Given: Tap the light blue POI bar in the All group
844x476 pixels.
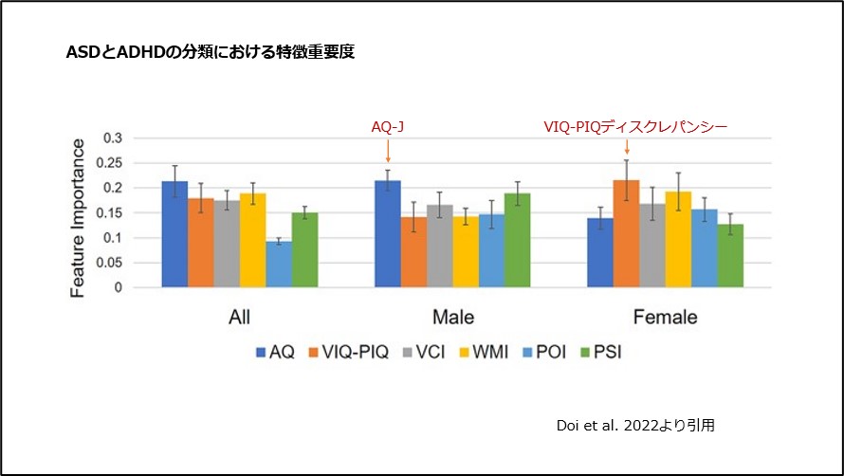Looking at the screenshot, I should pos(278,265).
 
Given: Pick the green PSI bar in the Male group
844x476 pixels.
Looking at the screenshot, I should pos(517,241).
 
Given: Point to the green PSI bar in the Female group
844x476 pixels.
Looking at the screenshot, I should pos(728,256).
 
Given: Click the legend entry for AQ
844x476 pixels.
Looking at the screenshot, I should pos(276,352).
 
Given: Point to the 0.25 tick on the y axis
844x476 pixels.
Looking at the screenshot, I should pos(111,163).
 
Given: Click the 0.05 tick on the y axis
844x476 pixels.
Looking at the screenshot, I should pos(111,263).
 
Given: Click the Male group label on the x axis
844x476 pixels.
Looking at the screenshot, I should pos(452,316).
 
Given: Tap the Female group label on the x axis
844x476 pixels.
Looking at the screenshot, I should pos(666,316).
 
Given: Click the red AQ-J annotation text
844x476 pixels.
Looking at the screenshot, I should pos(388,125).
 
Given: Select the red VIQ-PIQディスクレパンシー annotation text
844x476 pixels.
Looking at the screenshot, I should pos(634,125).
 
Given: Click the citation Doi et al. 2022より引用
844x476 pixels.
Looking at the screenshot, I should pos(635,426).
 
